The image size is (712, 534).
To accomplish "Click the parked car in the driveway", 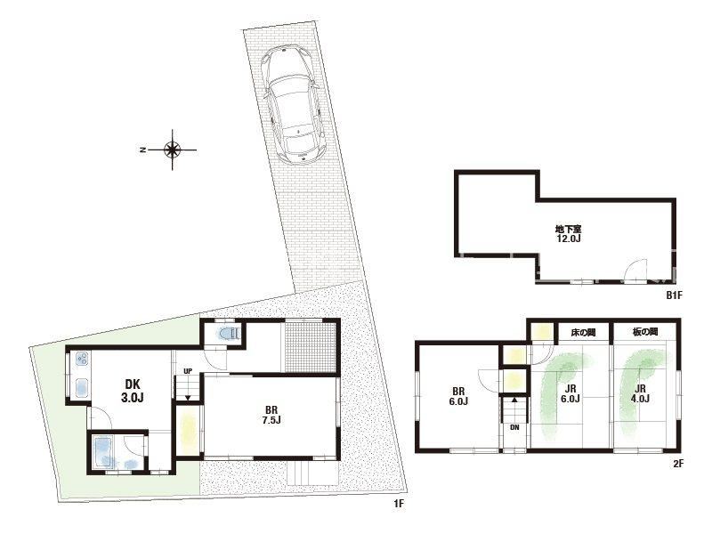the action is click(294, 103).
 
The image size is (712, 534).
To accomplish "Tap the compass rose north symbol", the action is click(172, 150).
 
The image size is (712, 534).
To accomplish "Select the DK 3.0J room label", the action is click(132, 391).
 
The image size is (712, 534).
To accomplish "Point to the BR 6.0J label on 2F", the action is click(458, 396).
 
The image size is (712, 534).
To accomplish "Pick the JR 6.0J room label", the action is click(570, 393).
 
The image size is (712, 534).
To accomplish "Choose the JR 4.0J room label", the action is click(640, 393).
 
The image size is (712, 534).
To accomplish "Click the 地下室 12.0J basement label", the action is click(569, 233).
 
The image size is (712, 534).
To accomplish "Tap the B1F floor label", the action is click(675, 295).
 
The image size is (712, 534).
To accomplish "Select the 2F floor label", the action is click(678, 464).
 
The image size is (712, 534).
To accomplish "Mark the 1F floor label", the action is click(398, 503).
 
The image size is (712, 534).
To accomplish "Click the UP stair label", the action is click(188, 371).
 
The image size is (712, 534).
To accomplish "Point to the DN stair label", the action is click(514, 427).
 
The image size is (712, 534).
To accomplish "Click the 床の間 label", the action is click(583, 333).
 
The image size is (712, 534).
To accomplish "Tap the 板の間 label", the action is click(644, 332).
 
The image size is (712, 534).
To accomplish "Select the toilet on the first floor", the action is click(229, 334).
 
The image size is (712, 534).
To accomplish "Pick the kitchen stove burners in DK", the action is click(82, 360).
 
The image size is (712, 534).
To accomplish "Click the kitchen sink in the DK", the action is click(82, 387).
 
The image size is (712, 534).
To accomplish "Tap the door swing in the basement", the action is click(635, 271).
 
